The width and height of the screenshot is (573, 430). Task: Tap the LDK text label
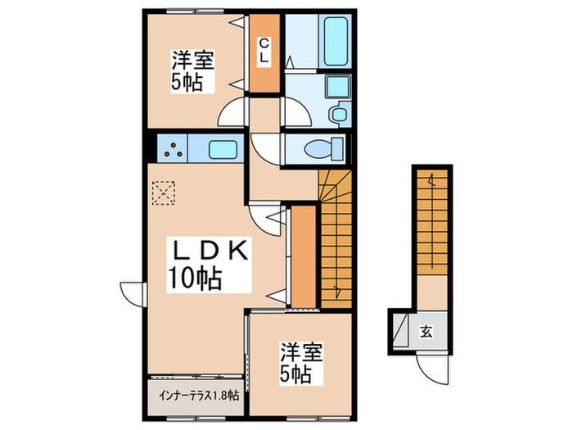(x=209, y=250)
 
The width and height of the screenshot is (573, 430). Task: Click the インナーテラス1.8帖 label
(x=199, y=395)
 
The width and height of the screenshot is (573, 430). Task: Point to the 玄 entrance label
(x=426, y=332)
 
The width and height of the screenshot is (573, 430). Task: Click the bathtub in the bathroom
(x=335, y=41)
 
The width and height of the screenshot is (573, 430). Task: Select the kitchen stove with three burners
(x=173, y=148)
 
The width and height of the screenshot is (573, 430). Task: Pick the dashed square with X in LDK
(x=163, y=192)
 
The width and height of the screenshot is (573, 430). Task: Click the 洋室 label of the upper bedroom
(x=193, y=61)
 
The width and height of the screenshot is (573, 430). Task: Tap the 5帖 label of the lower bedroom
(x=296, y=373)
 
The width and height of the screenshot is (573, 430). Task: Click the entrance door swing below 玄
(x=432, y=369)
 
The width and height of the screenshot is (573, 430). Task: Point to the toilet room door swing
(x=266, y=149)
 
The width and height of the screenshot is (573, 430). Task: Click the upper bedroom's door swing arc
(x=231, y=112)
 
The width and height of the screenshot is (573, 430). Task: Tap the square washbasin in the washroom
(x=338, y=87)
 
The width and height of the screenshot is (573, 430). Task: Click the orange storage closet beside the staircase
(x=304, y=256)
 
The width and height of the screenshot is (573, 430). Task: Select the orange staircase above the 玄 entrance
(x=432, y=222)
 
